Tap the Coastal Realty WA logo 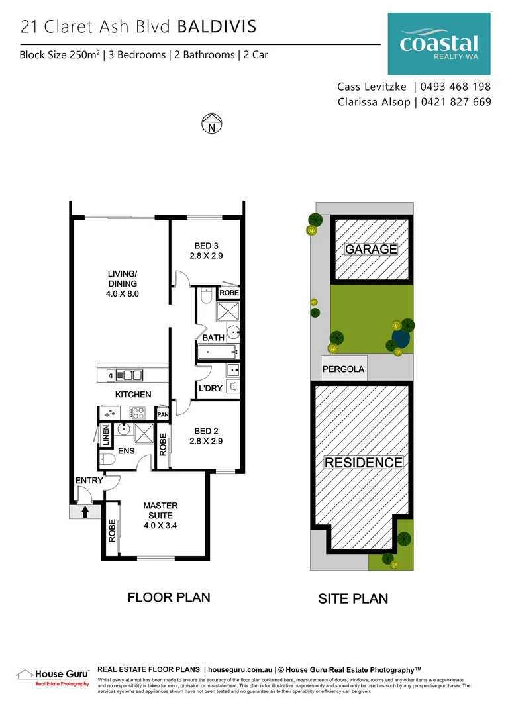click(438, 45)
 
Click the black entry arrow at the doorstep click(85, 511)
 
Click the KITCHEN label click(133, 394)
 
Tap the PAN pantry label click(162, 415)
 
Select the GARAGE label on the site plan click(371, 249)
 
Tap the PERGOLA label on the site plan click(343, 369)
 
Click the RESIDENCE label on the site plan click(363, 463)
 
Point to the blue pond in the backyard click(400, 340)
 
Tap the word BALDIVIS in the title click(217, 26)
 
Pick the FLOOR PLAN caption click(169, 597)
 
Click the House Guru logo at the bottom click(53, 676)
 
